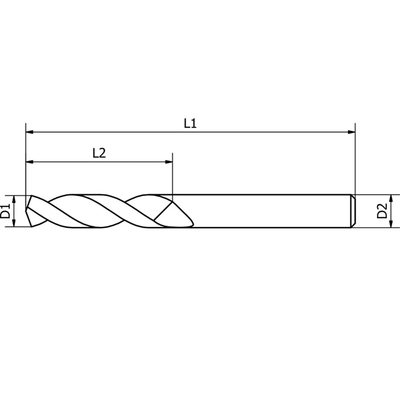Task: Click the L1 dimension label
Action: (190, 124)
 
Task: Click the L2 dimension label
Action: (99, 153)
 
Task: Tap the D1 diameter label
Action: (5, 211)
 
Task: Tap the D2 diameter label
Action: (382, 211)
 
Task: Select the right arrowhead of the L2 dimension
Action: (169, 162)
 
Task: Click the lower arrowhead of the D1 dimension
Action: (14, 224)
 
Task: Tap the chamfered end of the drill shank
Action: (353, 211)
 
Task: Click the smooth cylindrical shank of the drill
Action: (272, 211)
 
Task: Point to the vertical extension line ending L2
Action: (172, 176)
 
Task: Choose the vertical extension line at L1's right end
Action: (355, 160)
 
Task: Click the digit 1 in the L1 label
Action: (194, 124)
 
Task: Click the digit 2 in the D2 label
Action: (382, 206)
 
